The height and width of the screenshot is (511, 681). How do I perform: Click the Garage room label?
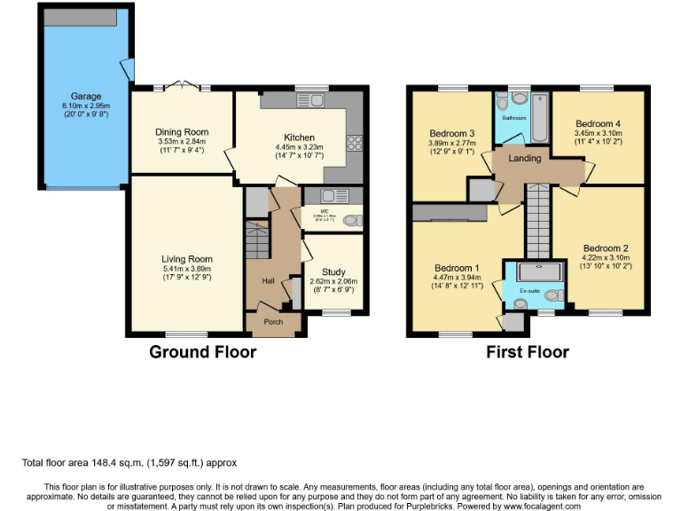click(x=86, y=96)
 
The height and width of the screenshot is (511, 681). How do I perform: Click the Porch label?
click(x=274, y=322)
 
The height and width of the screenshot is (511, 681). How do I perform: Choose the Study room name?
click(x=333, y=272)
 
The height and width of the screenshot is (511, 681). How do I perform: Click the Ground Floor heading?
click(x=202, y=352)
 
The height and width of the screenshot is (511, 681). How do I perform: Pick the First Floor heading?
click(x=527, y=352)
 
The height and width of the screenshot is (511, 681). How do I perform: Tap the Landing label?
click(x=524, y=158)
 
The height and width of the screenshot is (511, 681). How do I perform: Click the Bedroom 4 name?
click(x=598, y=123)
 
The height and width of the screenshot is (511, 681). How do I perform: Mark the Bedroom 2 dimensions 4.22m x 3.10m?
click(x=607, y=259)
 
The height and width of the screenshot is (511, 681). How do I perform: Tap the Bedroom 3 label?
click(x=451, y=133)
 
